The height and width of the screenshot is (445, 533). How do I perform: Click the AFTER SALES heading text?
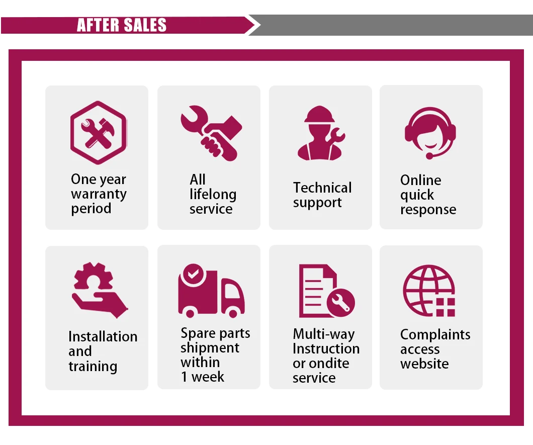(x=122, y=25)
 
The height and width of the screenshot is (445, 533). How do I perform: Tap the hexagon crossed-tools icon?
(x=98, y=132)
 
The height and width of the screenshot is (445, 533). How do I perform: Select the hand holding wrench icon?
(x=211, y=133)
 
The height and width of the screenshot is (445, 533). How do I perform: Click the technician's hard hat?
(x=319, y=114)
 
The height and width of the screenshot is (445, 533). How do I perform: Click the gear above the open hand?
(x=94, y=278)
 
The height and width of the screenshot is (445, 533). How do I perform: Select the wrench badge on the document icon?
(x=341, y=303)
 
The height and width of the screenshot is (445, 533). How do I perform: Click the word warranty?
(x=99, y=194)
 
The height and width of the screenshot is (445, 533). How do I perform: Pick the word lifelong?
(x=213, y=194)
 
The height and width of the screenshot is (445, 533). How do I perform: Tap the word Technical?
(x=322, y=188)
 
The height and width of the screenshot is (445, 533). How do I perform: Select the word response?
(x=428, y=209)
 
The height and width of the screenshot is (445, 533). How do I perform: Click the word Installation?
(x=103, y=336)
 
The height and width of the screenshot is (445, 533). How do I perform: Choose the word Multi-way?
(x=323, y=334)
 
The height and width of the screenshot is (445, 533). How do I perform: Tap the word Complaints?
(x=435, y=335)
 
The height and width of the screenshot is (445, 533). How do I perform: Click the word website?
(x=424, y=364)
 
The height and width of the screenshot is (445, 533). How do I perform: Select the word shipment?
(x=210, y=347)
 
